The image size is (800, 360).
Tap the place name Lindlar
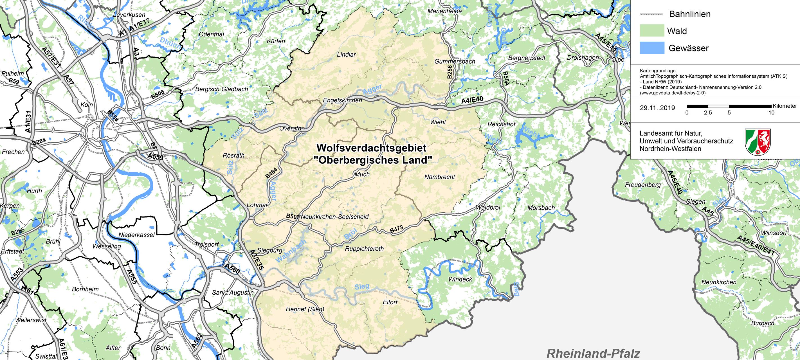[x=346, y=55]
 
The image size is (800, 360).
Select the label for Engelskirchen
[x=342, y=101]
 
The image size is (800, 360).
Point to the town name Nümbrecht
[x=439, y=177]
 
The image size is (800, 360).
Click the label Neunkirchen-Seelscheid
[x=335, y=217]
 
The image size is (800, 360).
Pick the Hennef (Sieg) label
[x=305, y=309]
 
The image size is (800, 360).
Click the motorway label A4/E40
[x=472, y=101]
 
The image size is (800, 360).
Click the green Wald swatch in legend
[x=652, y=31]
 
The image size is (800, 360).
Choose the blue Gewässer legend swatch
[x=652, y=48]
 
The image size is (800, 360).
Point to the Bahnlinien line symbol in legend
[x=651, y=14]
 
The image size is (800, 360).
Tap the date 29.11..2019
[x=657, y=108]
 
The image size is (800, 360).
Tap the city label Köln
[x=87, y=105]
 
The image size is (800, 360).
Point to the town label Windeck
[x=460, y=279]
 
